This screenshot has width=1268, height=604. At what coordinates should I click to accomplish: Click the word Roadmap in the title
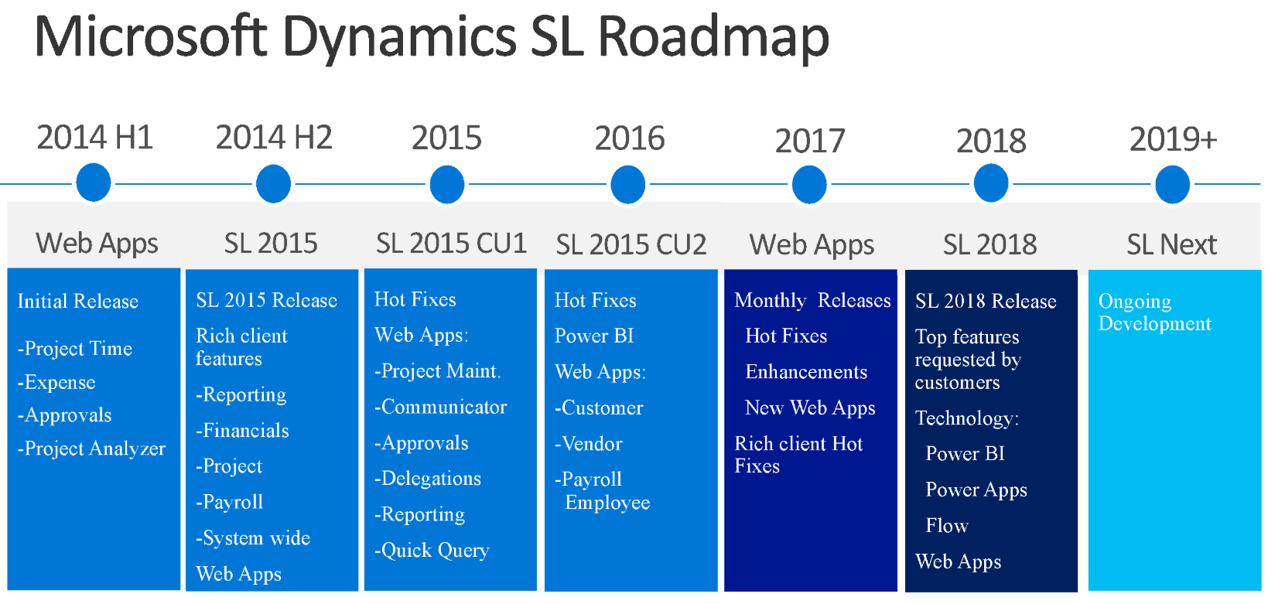coord(713,37)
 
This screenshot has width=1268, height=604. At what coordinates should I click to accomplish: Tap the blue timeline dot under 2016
coord(627,184)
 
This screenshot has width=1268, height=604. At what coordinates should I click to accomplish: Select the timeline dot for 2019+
coord(1172,184)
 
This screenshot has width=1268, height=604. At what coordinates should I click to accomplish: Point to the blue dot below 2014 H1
coord(94,183)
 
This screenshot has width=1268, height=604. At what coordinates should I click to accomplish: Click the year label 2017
coord(809,141)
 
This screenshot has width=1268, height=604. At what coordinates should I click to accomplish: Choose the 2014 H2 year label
coord(273,138)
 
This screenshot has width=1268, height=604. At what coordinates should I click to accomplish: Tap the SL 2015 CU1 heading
coord(451,244)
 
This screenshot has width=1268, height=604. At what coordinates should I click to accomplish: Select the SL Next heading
coord(1171,244)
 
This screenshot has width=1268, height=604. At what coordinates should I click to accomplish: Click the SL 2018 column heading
coord(989,244)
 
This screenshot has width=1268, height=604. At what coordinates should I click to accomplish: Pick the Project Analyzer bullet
coord(92,449)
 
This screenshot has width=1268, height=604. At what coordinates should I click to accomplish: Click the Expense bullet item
coord(56,383)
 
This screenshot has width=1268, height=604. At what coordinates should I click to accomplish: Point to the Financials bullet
coord(242,431)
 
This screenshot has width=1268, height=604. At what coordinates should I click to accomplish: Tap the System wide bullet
coord(253,537)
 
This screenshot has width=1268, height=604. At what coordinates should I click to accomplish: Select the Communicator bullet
coord(440,407)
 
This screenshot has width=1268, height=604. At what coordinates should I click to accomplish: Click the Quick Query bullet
coord(432,550)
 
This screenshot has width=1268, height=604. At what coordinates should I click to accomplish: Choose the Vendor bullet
coord(588,444)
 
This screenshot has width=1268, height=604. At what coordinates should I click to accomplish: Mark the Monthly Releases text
coord(812,300)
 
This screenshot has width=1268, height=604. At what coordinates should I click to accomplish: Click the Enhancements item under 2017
coord(806,372)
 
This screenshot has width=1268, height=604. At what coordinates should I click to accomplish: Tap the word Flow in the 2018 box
coord(947,525)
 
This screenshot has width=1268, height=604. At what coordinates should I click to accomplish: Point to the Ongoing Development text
coord(1154,312)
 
